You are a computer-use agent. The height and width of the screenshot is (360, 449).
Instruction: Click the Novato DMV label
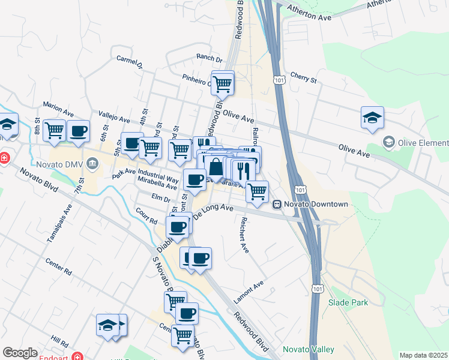click(58, 163)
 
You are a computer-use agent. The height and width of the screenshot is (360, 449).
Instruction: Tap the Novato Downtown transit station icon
click(278, 204)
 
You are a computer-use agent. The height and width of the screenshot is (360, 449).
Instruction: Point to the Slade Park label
click(348, 303)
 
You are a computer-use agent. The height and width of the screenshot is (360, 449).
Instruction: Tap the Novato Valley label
click(310, 349)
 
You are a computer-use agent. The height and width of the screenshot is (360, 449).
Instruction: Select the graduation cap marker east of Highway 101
click(372, 118)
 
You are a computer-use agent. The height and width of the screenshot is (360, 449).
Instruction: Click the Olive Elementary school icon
click(389, 143)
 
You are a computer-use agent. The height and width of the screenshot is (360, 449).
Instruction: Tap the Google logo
click(20, 353)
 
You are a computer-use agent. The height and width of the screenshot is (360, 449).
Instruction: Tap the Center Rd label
click(59, 268)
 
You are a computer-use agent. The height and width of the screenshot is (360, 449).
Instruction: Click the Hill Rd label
click(59, 341)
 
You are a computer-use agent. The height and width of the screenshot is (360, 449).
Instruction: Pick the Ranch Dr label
click(209, 59)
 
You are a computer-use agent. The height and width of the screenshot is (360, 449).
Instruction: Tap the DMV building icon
click(92, 163)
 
